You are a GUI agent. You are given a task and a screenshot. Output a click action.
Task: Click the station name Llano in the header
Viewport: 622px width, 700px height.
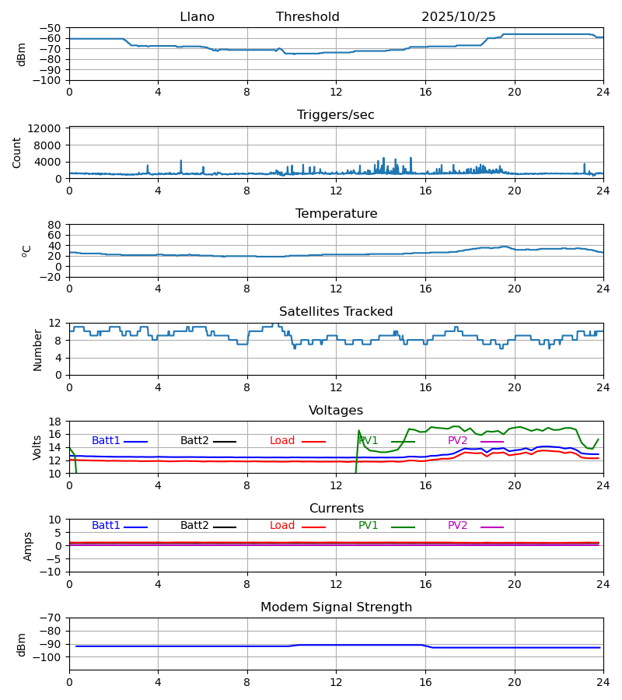197,17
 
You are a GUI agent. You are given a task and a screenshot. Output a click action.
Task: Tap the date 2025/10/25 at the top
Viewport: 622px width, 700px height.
459,17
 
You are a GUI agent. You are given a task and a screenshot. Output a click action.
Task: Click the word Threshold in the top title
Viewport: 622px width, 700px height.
307,17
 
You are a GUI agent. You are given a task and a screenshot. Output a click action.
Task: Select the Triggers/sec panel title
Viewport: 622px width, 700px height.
336,115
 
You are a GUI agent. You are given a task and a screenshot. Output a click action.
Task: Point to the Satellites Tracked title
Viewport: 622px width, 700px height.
336,312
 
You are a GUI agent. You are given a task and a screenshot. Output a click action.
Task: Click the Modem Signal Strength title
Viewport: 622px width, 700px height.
336,607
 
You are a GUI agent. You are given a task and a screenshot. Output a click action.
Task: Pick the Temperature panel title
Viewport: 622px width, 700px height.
336,214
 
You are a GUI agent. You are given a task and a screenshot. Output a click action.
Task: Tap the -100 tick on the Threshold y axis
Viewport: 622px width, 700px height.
48,80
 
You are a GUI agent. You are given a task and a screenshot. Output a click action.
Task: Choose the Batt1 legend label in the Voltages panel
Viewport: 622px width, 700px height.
106,441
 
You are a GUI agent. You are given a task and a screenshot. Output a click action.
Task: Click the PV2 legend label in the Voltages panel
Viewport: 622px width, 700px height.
457,441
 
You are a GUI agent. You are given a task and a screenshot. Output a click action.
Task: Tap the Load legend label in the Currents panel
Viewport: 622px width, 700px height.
282,526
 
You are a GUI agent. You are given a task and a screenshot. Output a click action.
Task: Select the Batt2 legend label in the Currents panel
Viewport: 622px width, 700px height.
194,526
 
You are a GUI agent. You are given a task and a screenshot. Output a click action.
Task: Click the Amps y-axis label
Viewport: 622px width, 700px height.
29,546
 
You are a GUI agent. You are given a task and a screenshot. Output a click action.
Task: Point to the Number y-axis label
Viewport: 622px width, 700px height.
38,349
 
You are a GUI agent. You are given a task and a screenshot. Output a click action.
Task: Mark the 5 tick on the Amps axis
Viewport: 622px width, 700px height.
58,533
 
